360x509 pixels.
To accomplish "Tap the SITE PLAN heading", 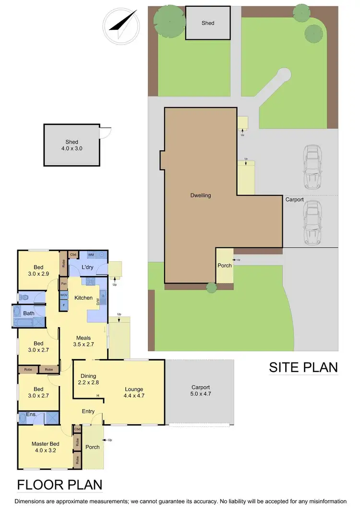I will [x=303, y=367].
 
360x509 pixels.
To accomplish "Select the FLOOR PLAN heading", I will [x=60, y=485].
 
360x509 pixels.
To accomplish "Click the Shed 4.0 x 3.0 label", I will [x=72, y=145].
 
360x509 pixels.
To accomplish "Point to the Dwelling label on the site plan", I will [x=200, y=195].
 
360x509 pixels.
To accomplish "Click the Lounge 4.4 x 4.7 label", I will [x=133, y=393].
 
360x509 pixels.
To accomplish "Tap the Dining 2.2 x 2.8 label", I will [x=88, y=379].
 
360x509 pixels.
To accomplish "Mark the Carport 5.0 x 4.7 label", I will [x=201, y=390].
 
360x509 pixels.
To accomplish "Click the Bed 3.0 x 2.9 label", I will [x=38, y=271].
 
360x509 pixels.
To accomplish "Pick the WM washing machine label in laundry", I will [x=91, y=254].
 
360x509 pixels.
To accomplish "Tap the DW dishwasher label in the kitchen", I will [x=98, y=302].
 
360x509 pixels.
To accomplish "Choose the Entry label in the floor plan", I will [x=88, y=412].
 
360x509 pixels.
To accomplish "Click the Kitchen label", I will [x=83, y=298].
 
